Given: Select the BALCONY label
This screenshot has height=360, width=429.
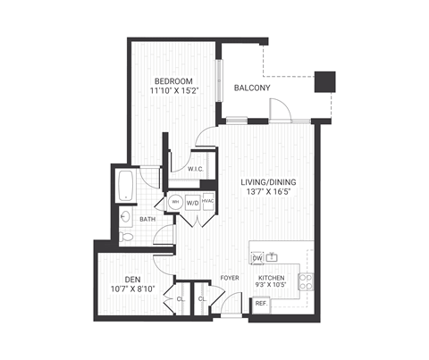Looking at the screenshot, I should point(252,88).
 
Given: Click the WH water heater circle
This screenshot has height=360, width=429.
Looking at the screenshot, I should point(176,201).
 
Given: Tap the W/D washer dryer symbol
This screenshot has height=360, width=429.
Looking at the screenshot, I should point(193,201).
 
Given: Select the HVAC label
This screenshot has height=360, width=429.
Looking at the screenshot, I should point(208,201).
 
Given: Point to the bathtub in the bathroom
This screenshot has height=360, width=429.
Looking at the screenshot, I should point(124,186).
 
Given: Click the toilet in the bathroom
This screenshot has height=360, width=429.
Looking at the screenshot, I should point(126,237).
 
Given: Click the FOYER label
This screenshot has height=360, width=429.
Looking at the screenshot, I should point(231,277).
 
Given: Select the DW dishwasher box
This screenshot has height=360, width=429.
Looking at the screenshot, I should point(257,258).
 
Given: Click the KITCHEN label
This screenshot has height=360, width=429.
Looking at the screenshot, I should point(272,279).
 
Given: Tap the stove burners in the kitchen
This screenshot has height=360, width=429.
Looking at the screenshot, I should point(305,281).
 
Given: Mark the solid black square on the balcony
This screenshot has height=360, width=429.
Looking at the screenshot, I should point(328,80).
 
